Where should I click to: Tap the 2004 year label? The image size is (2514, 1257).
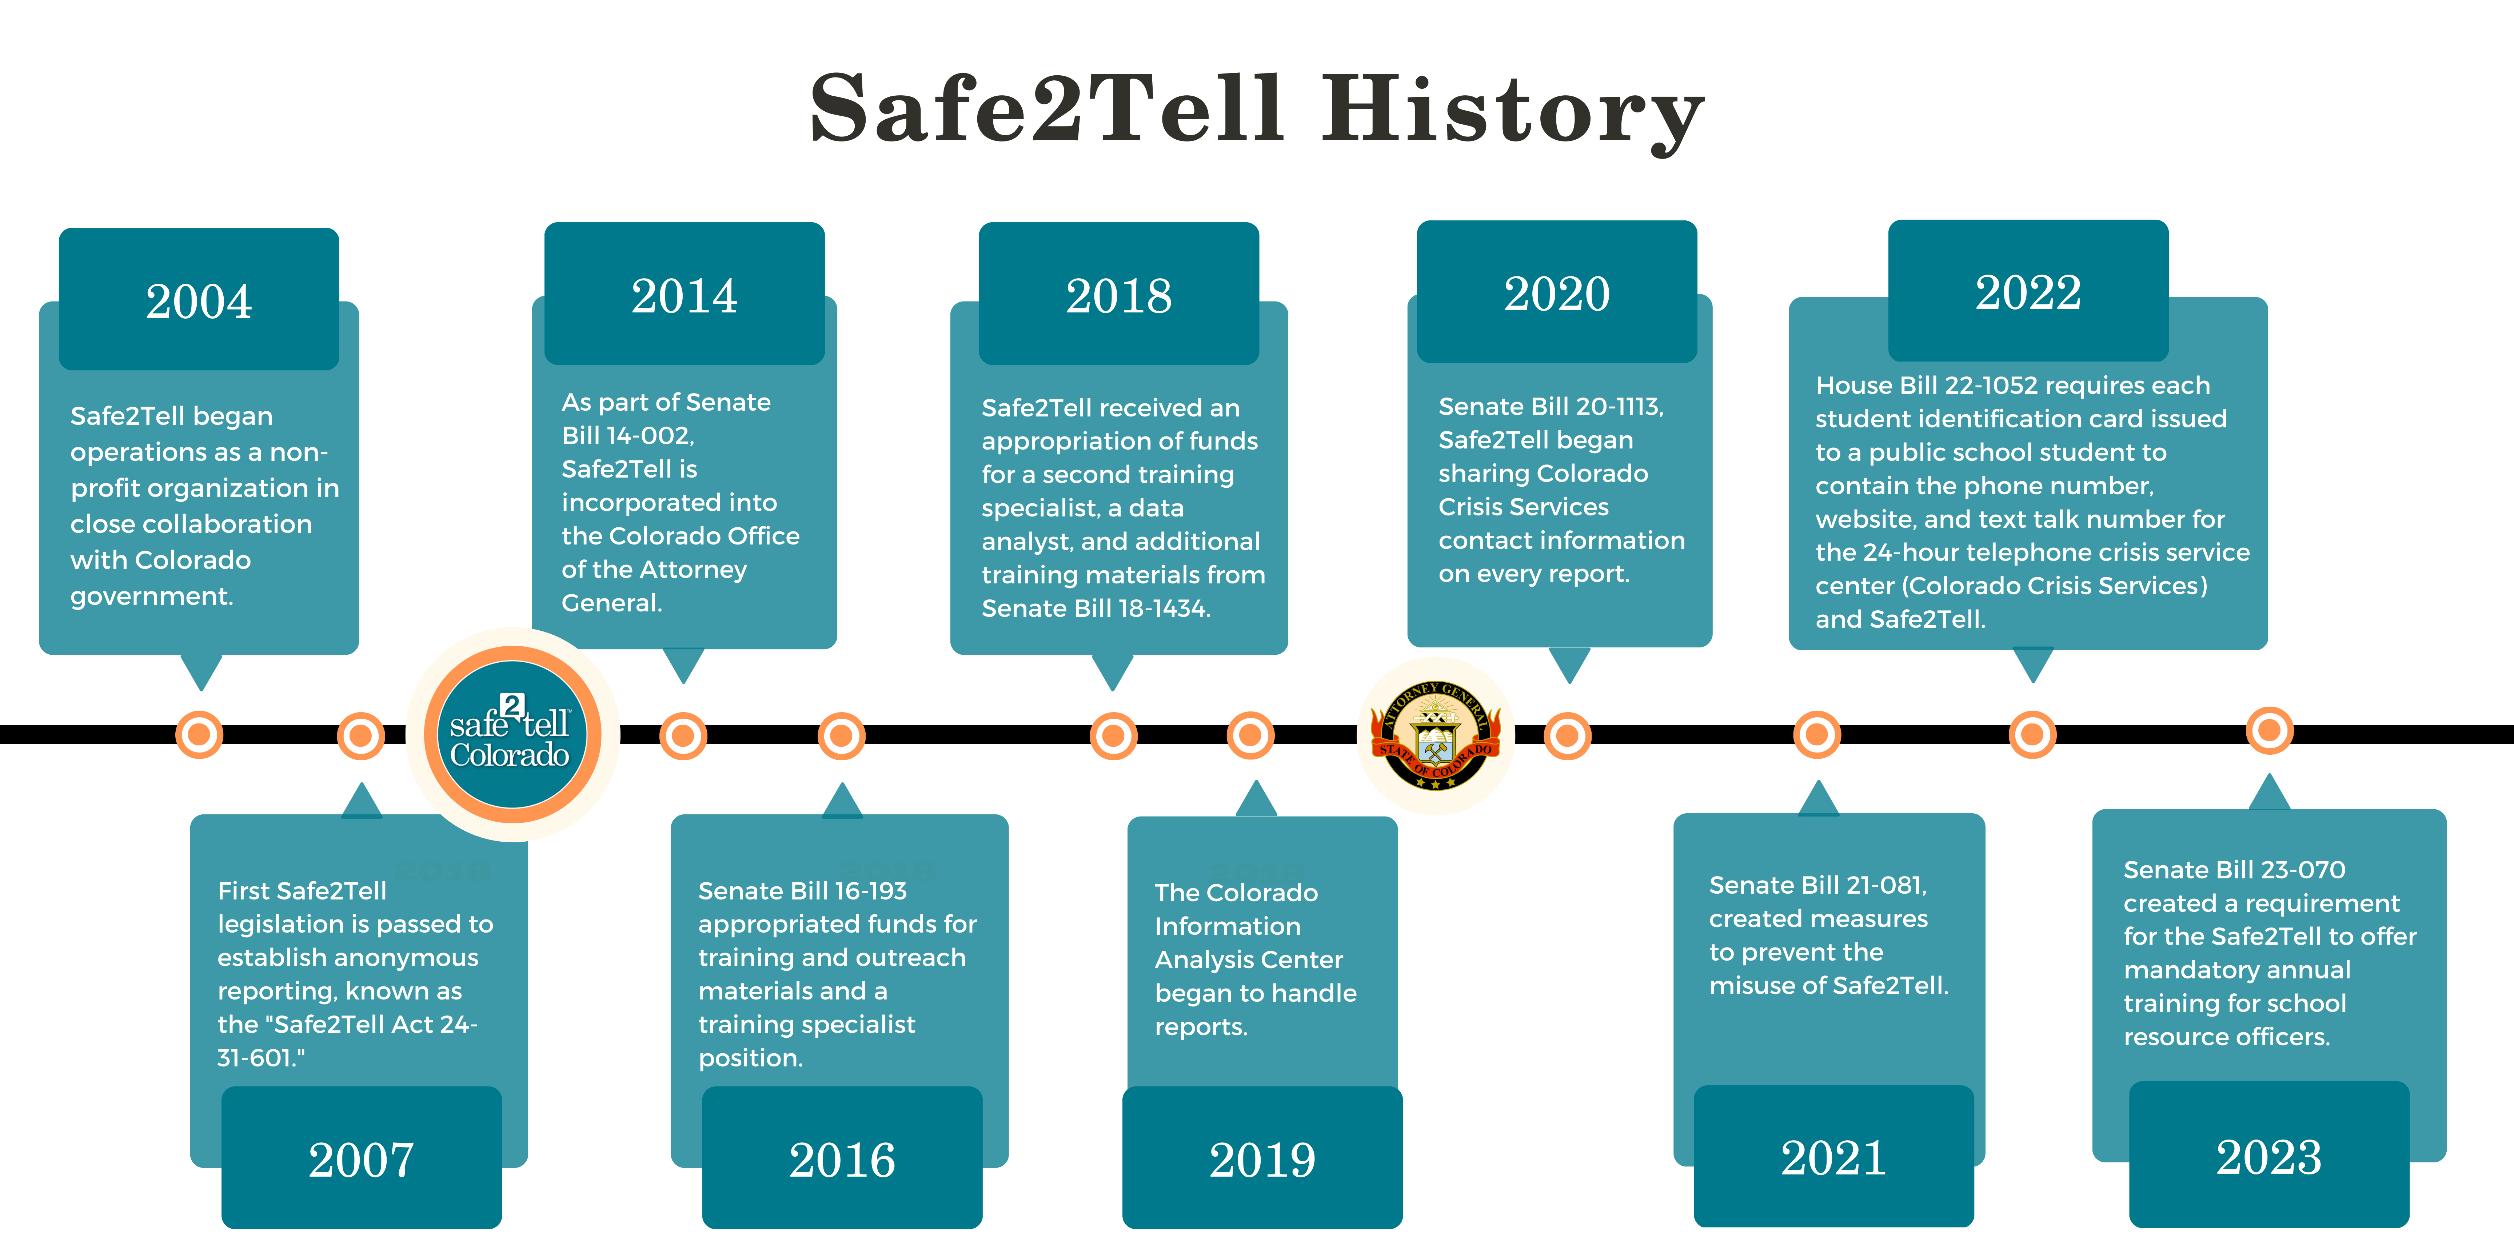tap(199, 300)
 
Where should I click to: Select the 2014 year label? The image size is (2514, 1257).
tap(684, 296)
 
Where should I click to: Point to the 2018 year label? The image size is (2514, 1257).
tap(1118, 296)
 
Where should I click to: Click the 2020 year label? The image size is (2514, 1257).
tap(1557, 294)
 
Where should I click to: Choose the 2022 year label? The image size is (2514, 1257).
tap(2028, 292)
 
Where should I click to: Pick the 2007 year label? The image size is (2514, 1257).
tap(361, 1160)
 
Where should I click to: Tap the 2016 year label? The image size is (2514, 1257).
tap(842, 1160)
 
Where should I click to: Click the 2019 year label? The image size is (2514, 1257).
tap(1262, 1160)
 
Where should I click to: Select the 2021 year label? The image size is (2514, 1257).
tap(1833, 1157)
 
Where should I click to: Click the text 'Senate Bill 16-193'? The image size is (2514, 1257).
tap(802, 891)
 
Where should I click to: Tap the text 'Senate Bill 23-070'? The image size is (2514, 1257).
tap(2234, 870)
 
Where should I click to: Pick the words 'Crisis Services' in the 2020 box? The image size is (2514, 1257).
tap(1524, 507)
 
